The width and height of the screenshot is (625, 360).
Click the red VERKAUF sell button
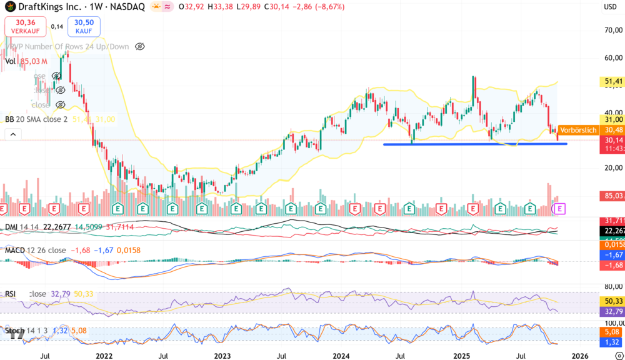[x=22, y=26]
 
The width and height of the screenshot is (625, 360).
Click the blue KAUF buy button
[x=84, y=26]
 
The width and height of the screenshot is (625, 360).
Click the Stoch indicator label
[x=14, y=331]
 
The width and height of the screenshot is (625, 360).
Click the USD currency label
[x=610, y=7]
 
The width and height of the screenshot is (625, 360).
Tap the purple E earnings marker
[x=560, y=207]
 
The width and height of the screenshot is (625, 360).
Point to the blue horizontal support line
[x=475, y=144]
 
